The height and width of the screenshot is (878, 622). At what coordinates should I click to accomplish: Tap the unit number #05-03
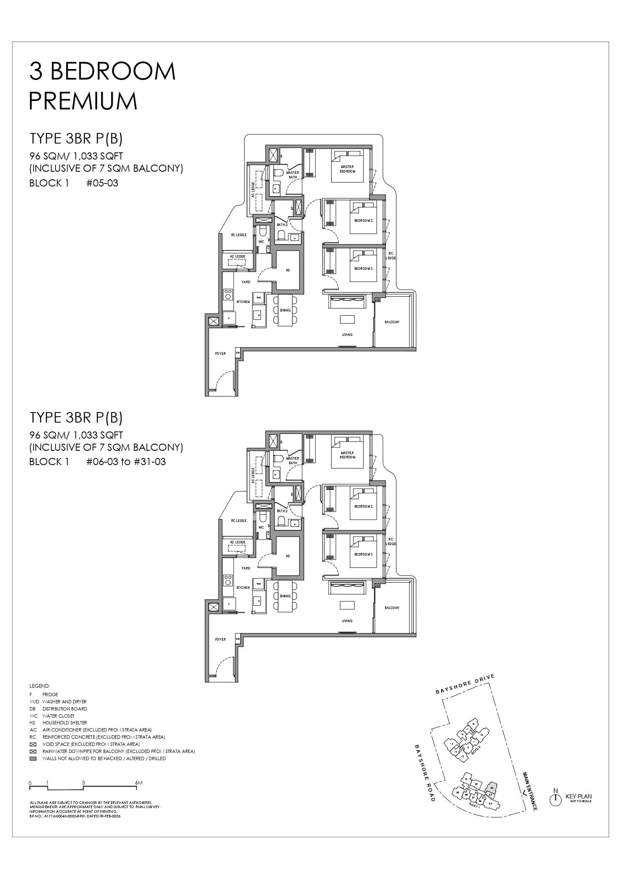point(102,183)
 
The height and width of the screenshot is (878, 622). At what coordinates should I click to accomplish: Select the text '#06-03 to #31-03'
point(126,462)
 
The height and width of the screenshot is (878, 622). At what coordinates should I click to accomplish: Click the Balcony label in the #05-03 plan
point(392,322)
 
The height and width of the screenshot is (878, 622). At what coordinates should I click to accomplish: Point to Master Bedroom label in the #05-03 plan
point(347,169)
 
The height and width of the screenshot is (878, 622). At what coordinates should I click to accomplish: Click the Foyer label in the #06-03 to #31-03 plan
point(220,639)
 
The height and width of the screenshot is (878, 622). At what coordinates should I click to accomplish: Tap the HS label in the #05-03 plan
point(288,270)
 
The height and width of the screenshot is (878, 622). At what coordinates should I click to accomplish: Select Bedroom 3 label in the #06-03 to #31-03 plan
point(363,554)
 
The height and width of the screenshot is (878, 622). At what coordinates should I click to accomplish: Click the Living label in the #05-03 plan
point(347,335)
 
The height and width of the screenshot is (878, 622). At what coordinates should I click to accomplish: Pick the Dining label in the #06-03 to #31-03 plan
point(285,596)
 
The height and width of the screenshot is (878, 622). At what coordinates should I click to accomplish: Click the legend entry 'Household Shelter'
point(64,723)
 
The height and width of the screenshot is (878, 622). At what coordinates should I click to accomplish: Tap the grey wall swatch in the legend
point(33,758)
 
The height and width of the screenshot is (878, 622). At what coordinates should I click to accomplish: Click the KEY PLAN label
point(579,796)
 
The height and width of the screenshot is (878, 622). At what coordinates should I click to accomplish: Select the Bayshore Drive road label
point(465,684)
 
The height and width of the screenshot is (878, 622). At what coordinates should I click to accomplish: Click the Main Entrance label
point(529,791)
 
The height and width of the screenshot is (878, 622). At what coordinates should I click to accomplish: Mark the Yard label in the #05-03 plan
point(246,282)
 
